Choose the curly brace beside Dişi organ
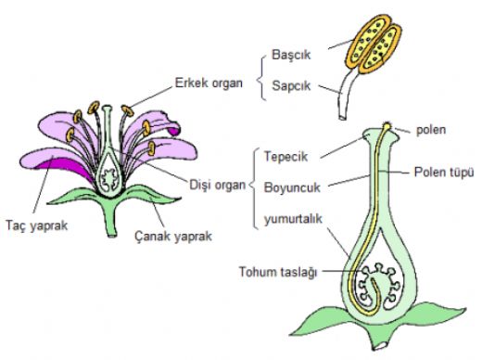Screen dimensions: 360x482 pyautogui.click(x=252, y=185)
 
